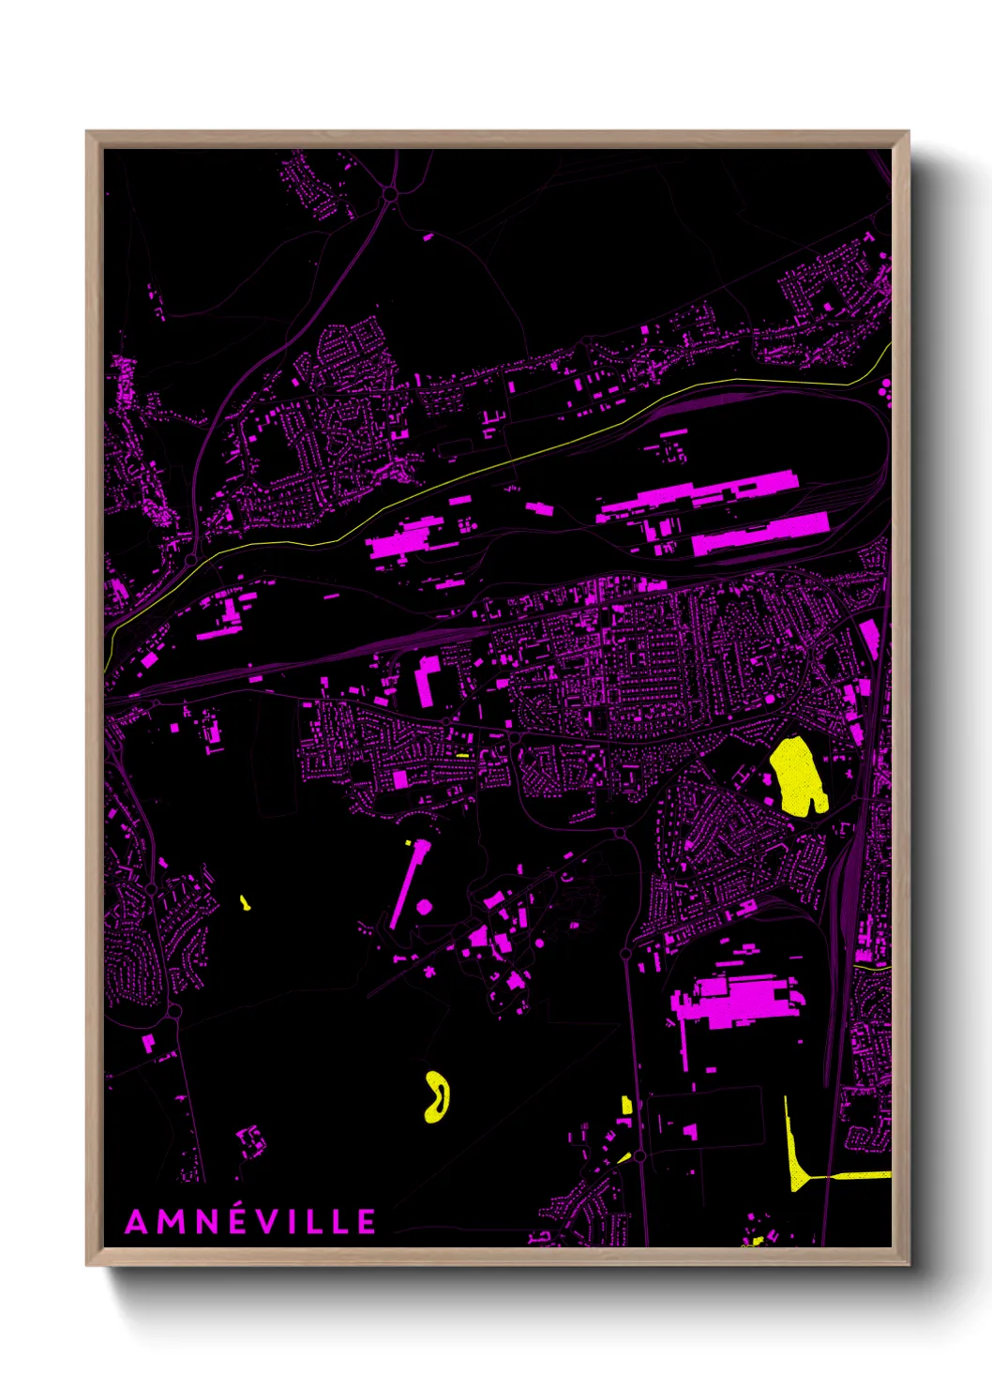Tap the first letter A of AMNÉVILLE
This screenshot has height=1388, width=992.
tap(137, 1222)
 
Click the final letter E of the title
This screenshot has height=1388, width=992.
tap(366, 1222)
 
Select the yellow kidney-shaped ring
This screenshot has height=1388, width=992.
tap(437, 1096)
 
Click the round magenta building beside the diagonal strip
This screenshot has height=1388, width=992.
tap(424, 906)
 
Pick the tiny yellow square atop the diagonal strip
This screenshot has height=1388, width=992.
tap(409, 844)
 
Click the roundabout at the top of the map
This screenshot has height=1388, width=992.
tap(390, 194)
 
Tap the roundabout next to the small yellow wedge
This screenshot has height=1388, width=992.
tap(639, 1156)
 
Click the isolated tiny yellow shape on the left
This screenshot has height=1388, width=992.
tap(245, 903)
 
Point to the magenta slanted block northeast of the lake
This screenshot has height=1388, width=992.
tap(869, 637)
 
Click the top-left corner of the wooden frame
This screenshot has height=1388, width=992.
tap(88, 133)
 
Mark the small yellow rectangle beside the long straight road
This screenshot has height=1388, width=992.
tap(626, 1106)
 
